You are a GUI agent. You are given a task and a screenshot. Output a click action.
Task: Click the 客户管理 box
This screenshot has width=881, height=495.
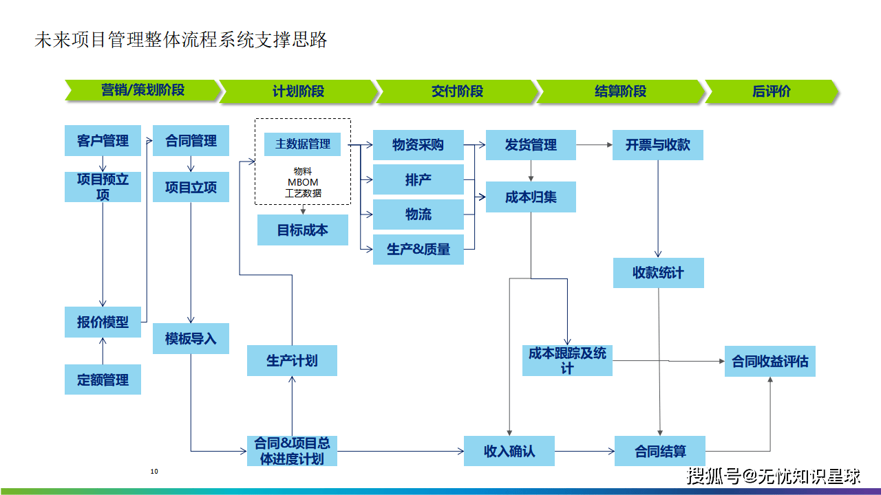pos(103,141)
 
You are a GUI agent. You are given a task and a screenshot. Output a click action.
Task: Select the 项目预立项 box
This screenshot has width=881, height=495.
pos(103,187)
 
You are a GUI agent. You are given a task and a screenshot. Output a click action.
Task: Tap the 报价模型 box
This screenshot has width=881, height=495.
pos(103,322)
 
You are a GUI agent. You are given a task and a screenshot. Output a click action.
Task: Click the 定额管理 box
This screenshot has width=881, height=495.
pos(103,379)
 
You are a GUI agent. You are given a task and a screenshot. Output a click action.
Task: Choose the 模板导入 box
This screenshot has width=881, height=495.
pos(191,339)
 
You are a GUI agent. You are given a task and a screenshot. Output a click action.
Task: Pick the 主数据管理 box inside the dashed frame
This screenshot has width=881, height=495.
pos(302,144)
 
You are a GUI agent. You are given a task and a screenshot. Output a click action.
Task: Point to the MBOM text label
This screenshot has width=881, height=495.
pos(303,182)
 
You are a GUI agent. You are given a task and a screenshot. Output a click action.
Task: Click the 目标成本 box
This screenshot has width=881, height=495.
pos(302,230)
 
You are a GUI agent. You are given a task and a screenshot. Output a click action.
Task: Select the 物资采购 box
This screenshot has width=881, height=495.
pos(418,145)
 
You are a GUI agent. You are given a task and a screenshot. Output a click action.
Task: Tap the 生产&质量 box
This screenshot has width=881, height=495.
pos(418,250)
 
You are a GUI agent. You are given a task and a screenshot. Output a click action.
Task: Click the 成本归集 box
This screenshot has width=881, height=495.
pos(531,197)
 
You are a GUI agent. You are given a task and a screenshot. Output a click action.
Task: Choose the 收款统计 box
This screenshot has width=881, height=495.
pos(659,273)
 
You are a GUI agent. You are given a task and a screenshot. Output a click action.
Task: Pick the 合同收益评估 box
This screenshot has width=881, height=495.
pos(770,362)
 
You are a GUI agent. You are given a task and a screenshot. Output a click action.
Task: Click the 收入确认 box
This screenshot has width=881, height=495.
pos(509,451)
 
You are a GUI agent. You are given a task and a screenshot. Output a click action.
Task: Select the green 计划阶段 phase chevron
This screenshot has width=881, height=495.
pos(298,91)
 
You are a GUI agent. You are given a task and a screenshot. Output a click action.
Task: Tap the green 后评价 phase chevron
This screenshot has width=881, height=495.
pos(772,91)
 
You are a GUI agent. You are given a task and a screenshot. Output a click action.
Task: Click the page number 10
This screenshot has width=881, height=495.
pos(154,472)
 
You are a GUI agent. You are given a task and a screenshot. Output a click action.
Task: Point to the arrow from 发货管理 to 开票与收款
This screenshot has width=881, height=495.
pos(594,145)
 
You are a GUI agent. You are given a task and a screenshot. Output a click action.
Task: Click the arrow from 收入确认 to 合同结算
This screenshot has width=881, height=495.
pos(584,451)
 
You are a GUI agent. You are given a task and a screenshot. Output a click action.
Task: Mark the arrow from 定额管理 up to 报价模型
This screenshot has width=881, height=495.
pos(103,351)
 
